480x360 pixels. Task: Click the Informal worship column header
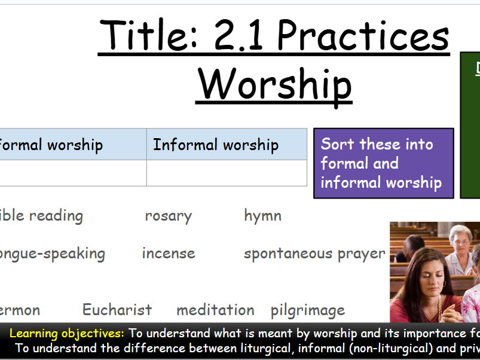[x=216, y=145]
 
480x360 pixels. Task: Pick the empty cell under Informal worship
[x=227, y=173]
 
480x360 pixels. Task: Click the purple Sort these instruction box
[x=383, y=163]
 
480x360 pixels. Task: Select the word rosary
[x=168, y=216]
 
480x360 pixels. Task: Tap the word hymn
[x=262, y=216]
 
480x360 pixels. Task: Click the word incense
[x=169, y=253]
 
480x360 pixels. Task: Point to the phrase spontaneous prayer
[x=314, y=254]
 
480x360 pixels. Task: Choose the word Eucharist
[x=117, y=310]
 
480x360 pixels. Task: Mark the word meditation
[x=215, y=310]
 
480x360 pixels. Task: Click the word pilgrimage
[x=307, y=310]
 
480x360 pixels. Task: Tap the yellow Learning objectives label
[x=67, y=334]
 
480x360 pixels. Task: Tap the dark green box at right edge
[x=470, y=126]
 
